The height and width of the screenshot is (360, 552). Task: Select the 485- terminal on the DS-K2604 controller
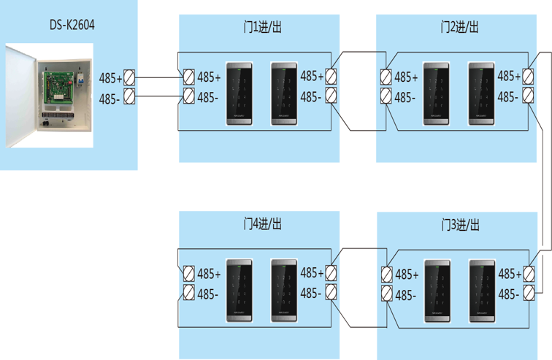tap(129, 96)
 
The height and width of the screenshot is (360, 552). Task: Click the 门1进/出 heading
tap(259, 27)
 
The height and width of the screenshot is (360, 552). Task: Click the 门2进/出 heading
tap(459, 27)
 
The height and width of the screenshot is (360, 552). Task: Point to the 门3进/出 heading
tap(459, 223)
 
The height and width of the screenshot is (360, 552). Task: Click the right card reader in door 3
tap(482, 290)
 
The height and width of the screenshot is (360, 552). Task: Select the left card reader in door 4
tap(240, 290)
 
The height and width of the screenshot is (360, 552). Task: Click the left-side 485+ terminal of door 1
tap(188, 76)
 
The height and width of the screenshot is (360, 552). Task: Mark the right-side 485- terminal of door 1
tap(331, 95)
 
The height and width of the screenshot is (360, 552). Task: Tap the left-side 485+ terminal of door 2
tap(386, 76)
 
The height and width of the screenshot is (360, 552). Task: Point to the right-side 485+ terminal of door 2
tap(529, 76)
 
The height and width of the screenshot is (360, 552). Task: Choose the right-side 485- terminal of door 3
tap(529, 293)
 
